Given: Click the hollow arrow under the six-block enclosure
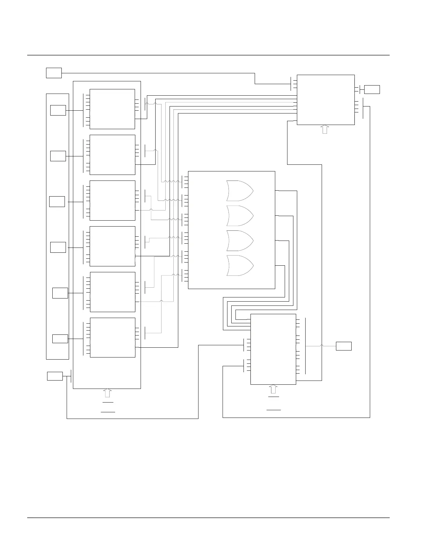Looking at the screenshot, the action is coord(107,393).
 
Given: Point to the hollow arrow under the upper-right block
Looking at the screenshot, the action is coord(325,129).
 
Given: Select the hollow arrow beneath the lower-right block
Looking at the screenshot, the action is coord(273,389).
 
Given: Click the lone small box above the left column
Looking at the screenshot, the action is coord(54,73).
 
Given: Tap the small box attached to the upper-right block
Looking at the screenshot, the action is coord(372,89).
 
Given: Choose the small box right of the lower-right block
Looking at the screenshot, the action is coord(344,346).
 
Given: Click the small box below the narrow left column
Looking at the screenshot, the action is coord(55,376).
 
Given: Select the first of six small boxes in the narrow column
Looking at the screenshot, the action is coord(58,110).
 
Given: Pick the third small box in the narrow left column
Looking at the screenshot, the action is coord(57,201).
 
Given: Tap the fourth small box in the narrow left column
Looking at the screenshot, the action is coord(58,247).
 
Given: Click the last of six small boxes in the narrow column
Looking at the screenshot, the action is coord(60,338).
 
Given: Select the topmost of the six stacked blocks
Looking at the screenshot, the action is coord(112,109).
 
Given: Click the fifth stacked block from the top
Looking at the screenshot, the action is coord(112,292).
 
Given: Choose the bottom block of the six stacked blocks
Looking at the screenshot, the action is coord(112,337).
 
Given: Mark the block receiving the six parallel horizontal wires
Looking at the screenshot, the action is coord(325,99).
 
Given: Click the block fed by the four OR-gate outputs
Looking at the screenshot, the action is coord(273,349).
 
